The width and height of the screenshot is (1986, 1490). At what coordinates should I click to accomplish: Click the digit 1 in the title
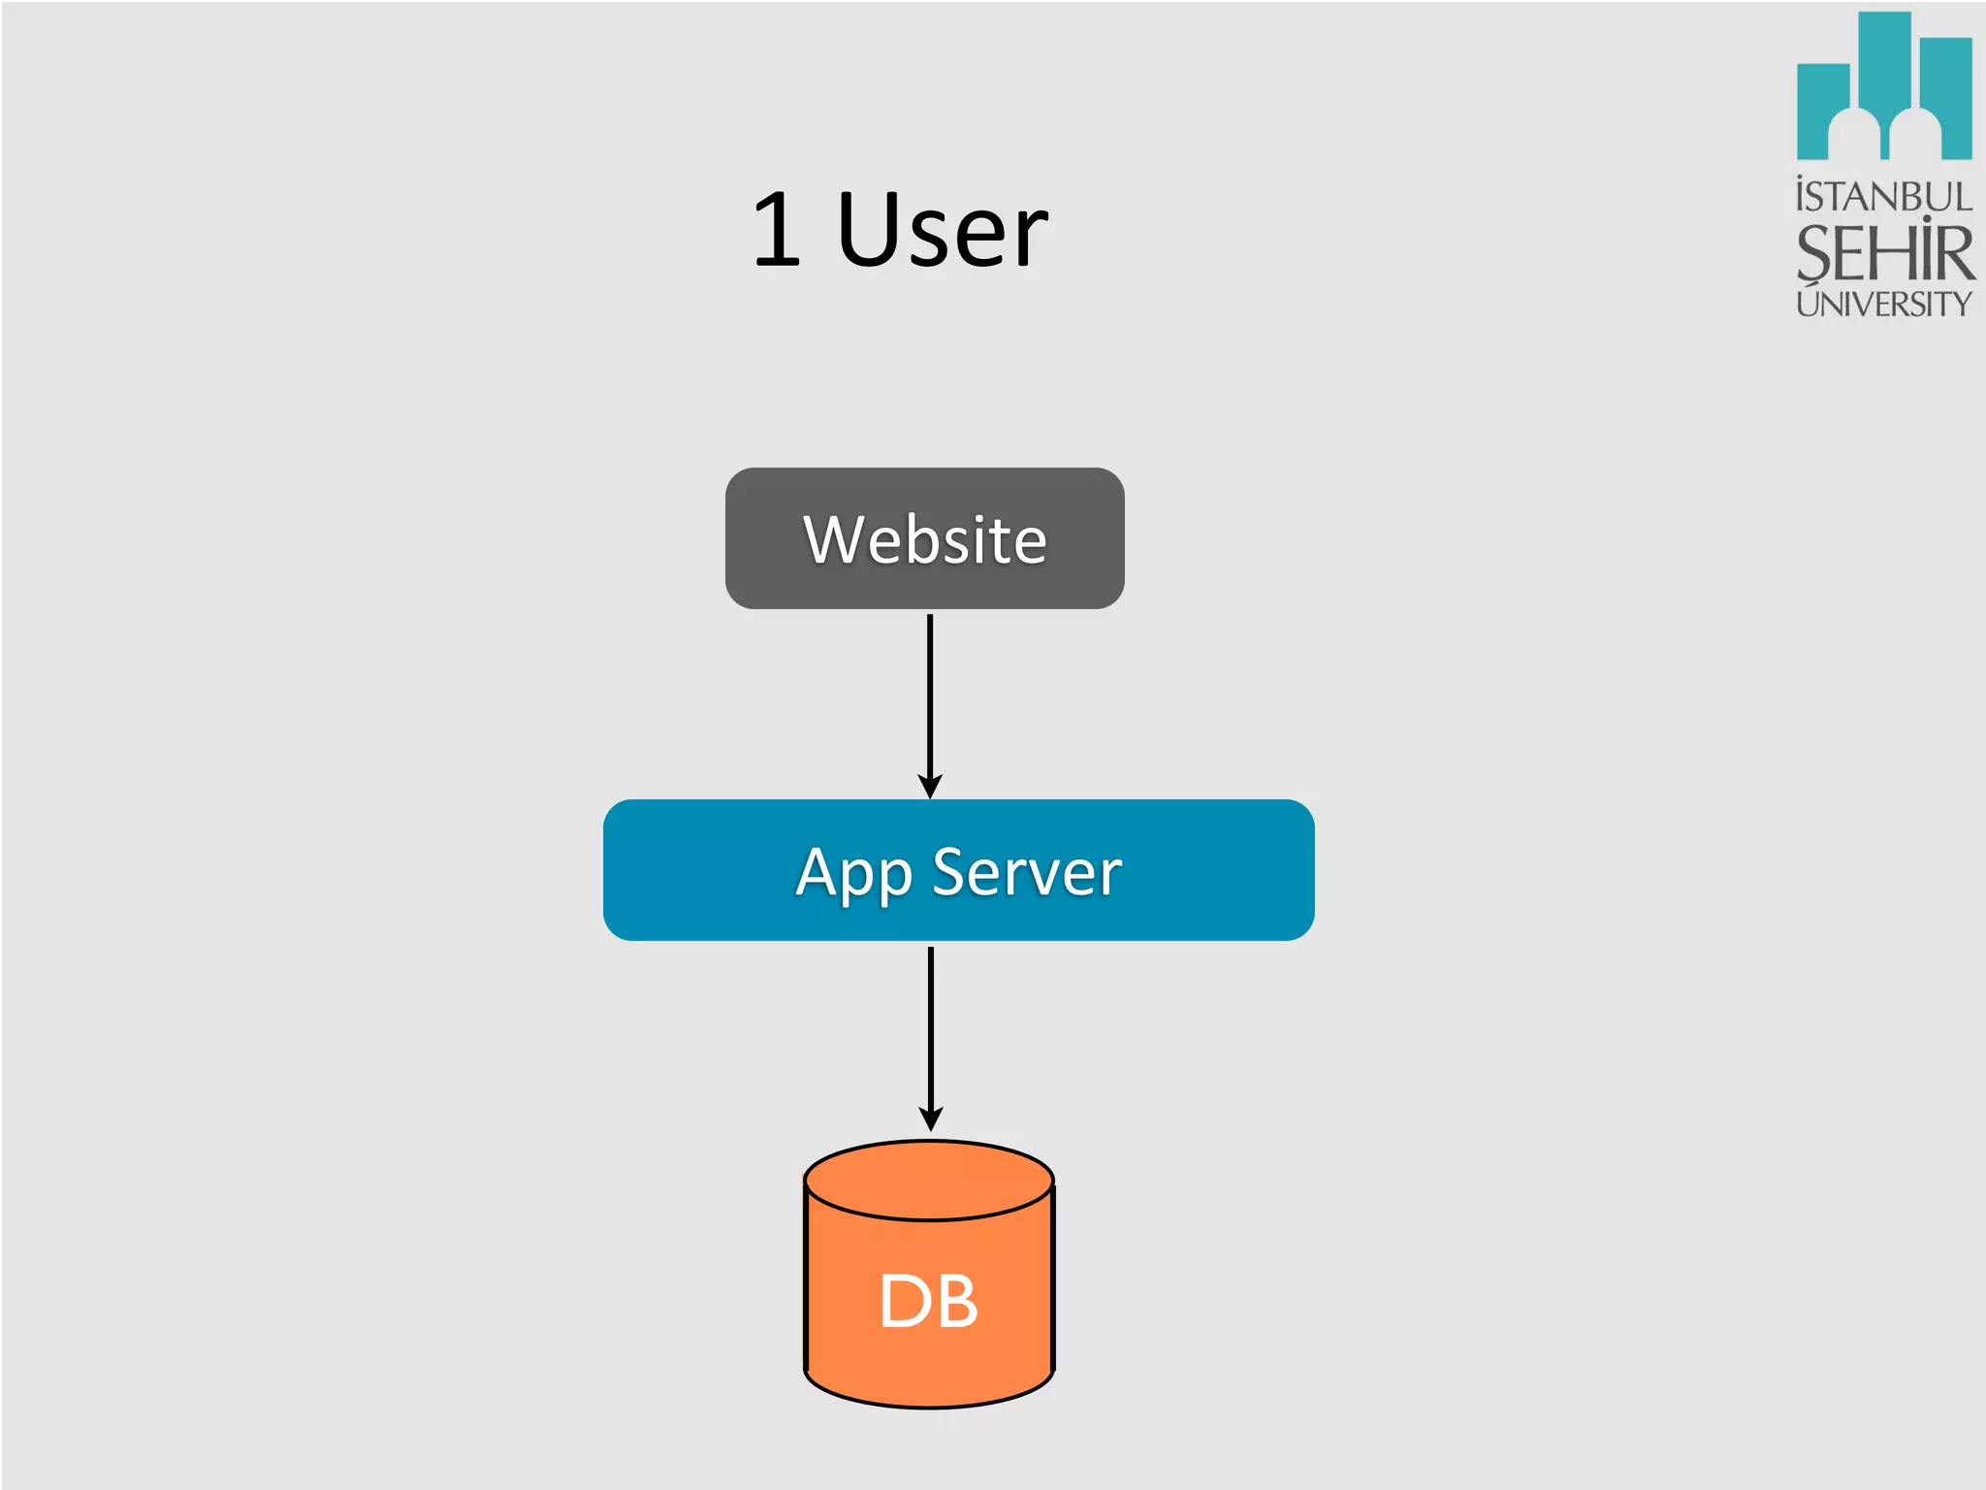tap(778, 230)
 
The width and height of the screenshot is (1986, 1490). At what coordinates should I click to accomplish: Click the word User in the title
tap(941, 230)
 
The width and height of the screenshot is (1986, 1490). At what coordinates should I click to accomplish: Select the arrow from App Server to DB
tap(931, 1028)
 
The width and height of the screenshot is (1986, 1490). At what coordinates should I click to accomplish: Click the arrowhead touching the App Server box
tap(930, 787)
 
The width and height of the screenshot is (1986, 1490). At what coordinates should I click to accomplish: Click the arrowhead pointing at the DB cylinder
tap(931, 1118)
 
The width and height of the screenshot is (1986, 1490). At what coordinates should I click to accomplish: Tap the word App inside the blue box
tap(853, 873)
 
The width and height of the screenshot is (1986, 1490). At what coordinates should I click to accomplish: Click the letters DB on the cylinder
tap(928, 1301)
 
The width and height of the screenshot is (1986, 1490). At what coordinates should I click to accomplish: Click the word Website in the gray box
tap(924, 539)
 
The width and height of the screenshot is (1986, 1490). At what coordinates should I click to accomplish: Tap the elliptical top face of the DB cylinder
tap(929, 1180)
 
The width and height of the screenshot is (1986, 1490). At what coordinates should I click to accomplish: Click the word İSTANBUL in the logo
tap(1883, 197)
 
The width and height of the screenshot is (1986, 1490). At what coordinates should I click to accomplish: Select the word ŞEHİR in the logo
tap(1883, 252)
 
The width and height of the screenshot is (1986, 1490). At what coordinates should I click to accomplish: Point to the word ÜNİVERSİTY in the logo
tap(1883, 304)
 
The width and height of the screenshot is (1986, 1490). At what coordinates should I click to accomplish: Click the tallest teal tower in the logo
tap(1884, 58)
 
